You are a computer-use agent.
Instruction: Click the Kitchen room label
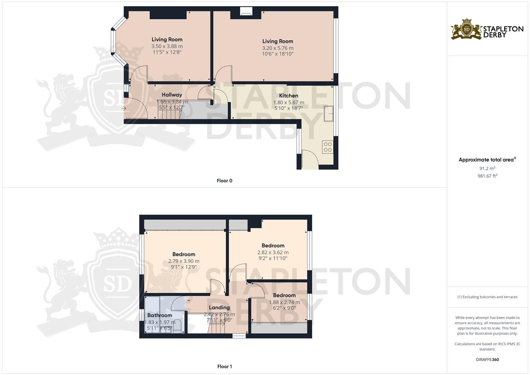tap(288, 95)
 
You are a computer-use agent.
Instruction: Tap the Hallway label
tap(172, 94)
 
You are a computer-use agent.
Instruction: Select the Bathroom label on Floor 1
tap(160, 315)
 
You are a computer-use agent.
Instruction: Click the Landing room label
tap(219, 307)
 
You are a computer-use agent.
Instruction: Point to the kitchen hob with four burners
tap(327, 147)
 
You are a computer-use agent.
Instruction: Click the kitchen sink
tap(328, 114)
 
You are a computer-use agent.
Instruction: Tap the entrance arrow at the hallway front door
tap(124, 109)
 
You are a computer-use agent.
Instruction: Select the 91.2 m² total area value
tap(487, 168)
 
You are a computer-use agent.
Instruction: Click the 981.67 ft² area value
tap(487, 176)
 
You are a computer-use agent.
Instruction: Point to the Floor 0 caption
tap(224, 181)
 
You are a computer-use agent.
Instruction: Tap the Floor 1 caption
tap(224, 366)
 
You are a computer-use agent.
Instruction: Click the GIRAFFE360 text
tap(487, 359)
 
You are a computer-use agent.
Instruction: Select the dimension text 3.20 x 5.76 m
tap(278, 48)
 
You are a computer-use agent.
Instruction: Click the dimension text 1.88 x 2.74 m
tap(284, 302)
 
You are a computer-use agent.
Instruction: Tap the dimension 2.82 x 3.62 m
tap(273, 252)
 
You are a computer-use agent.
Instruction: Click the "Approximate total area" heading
tap(486, 160)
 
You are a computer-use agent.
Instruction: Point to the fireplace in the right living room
tap(246, 13)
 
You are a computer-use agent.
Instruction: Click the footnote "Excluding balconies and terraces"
tap(487, 297)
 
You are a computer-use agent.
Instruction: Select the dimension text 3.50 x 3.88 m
tap(167, 46)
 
